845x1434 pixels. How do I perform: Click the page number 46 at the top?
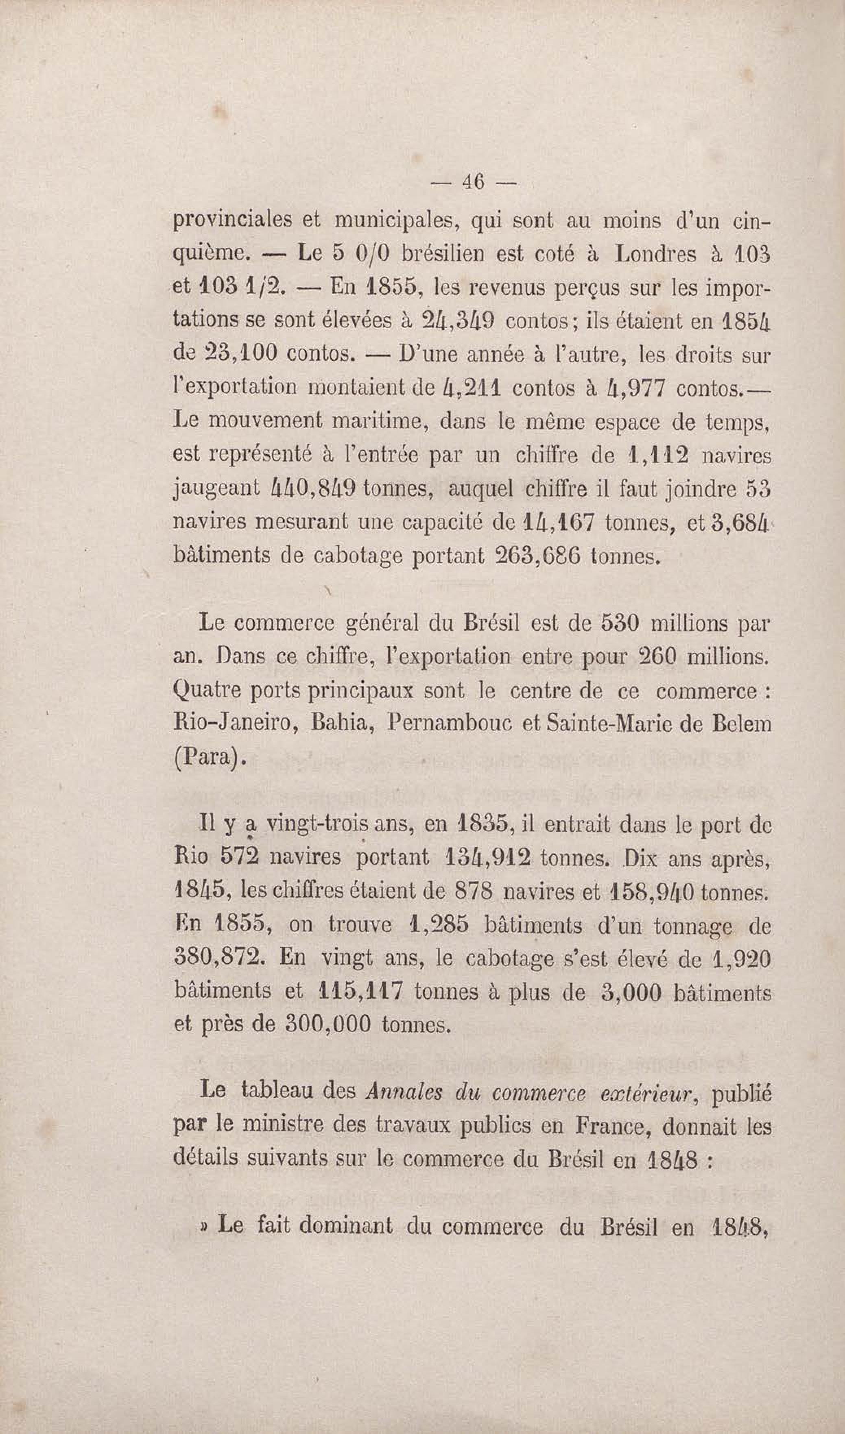tap(473, 182)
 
